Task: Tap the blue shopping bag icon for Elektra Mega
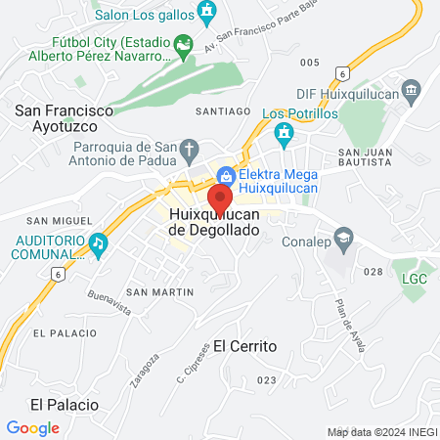click(x=226, y=176)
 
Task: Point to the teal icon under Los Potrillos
click(x=285, y=132)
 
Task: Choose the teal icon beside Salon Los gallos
click(x=206, y=12)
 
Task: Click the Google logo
click(x=32, y=427)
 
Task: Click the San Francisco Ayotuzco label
click(x=55, y=119)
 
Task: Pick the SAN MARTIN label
click(x=159, y=292)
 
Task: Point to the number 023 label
click(x=267, y=379)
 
